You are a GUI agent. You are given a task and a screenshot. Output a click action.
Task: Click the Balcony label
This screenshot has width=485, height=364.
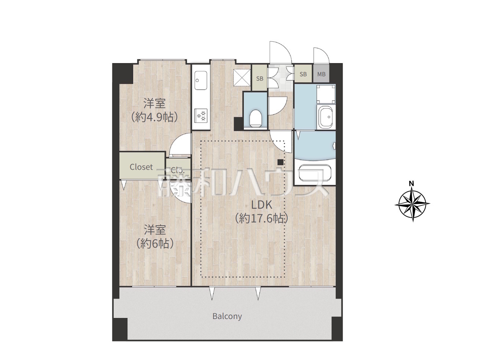[x=227, y=316]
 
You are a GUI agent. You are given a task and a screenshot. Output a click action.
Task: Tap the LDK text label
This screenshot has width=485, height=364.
[x=261, y=205]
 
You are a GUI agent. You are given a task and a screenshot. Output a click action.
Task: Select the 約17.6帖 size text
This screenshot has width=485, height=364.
[x=261, y=218]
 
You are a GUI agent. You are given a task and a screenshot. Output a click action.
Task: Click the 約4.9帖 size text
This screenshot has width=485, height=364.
[x=154, y=117]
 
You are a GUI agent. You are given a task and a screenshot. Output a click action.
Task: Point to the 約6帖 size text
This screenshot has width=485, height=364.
[x=155, y=243]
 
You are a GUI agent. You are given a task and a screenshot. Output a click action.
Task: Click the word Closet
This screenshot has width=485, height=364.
[x=141, y=167]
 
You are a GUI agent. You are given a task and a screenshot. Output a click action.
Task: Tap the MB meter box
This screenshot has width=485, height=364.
[x=321, y=74]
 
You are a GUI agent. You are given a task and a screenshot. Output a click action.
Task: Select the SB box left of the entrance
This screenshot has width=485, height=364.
[x=260, y=78]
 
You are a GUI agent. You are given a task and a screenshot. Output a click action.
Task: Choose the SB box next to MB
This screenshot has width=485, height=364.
[x=303, y=74]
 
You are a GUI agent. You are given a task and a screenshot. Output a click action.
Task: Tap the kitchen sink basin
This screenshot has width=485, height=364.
[x=200, y=80]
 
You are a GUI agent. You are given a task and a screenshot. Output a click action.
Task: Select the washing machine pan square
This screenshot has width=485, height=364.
[x=325, y=94]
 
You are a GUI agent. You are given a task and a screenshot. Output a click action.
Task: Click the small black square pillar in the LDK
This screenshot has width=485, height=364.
[x=281, y=162]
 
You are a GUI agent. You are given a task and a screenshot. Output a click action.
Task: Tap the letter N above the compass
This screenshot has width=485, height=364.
[x=411, y=184]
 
